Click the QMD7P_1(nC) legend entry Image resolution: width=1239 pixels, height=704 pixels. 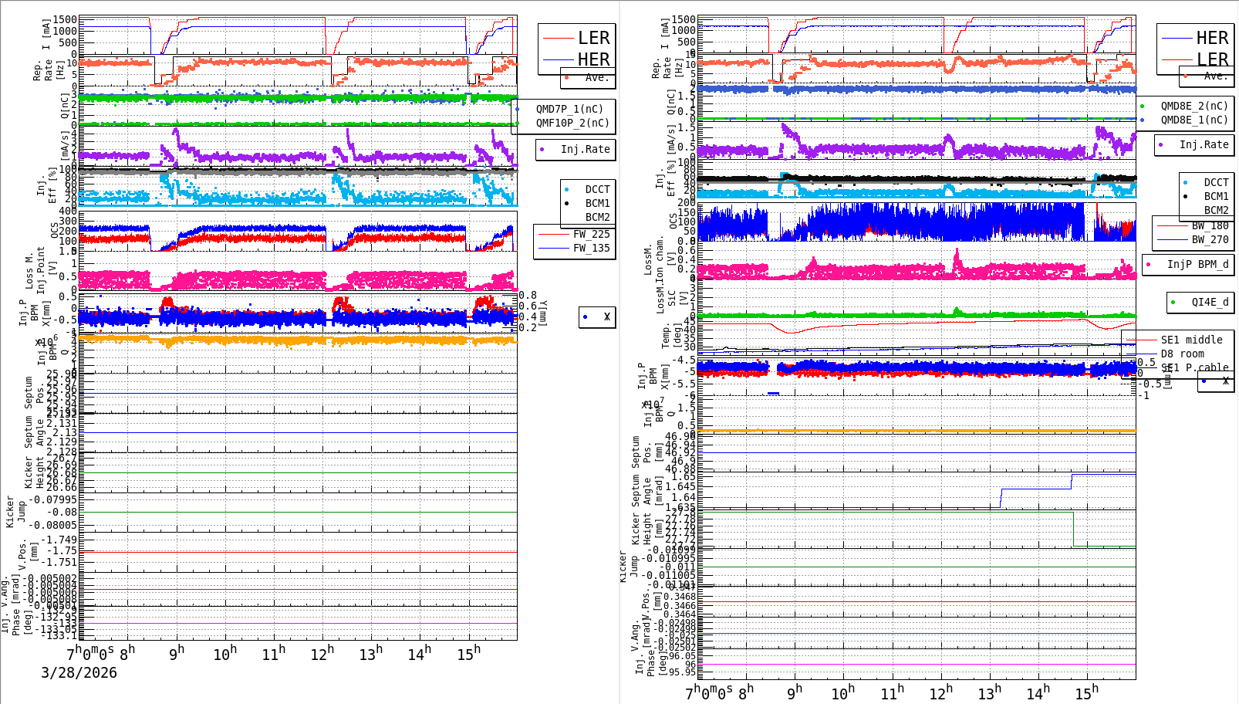point(569,109)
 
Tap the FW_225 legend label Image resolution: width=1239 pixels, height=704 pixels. point(591,234)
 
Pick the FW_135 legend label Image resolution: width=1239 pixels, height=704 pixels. point(591,248)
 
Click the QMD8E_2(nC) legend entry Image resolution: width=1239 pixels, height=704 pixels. point(1193,106)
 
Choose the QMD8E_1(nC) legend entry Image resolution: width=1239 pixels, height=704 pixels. point(1193,120)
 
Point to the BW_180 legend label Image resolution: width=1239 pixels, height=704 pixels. point(1210,225)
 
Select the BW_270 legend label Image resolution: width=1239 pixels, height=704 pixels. point(1210,239)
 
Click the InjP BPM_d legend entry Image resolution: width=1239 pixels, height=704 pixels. point(1197,264)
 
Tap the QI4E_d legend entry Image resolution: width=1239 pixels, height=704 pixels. point(1210,302)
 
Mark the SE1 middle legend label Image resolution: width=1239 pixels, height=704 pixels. point(1191,340)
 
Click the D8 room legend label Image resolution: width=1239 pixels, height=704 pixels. point(1182,354)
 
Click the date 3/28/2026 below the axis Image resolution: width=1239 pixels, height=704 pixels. point(79,672)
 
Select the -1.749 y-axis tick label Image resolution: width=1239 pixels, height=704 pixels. point(59,540)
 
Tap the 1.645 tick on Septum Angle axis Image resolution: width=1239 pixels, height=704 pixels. point(680,486)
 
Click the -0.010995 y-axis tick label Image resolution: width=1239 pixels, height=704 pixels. point(670,557)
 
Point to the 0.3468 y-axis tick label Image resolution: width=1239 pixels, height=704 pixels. point(680,596)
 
